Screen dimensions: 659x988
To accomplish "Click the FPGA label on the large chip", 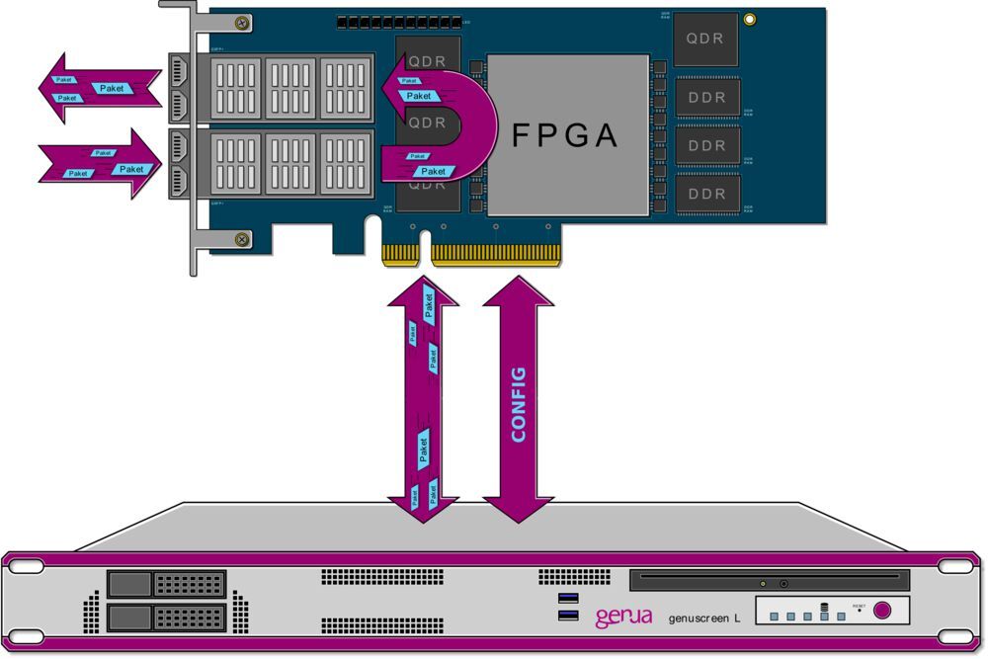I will click(565, 136).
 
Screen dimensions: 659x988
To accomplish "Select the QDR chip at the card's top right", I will click(706, 39).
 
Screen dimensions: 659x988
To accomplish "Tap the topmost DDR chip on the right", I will click(706, 97).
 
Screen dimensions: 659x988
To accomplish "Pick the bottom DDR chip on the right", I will click(706, 194).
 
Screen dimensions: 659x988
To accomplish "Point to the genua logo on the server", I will click(622, 618).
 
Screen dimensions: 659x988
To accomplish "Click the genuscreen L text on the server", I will click(704, 618).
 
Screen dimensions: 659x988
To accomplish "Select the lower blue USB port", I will click(568, 617).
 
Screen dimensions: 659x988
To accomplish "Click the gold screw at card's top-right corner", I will click(750, 19).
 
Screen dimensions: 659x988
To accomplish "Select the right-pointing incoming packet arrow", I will click(99, 164).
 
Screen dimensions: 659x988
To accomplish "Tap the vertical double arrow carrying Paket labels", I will click(423, 395).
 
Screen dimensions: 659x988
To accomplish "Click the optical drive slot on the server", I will click(768, 580).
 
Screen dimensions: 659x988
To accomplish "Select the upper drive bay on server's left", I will click(166, 584).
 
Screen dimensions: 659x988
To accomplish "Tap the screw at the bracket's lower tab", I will click(240, 238).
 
